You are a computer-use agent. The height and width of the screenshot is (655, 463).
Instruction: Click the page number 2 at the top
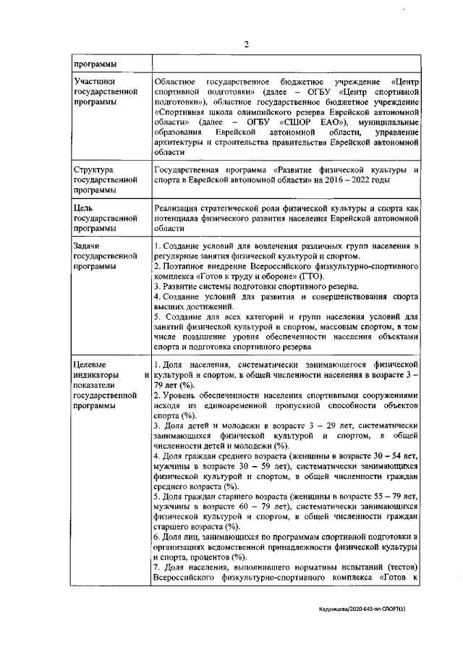tap(245, 43)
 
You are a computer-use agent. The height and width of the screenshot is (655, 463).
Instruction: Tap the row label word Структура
tap(96, 169)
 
